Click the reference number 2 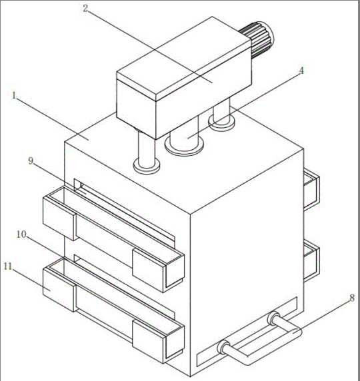[85, 9]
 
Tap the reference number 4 [301, 71]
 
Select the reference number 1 [14, 95]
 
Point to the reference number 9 [31, 161]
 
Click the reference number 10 [21, 234]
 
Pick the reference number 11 [8, 266]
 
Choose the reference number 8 [352, 298]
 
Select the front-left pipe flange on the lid [147, 167]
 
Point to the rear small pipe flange [221, 123]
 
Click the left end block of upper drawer [59, 218]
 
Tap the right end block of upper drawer [158, 270]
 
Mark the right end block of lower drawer [158, 342]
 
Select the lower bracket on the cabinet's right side [312, 260]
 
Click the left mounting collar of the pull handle [223, 347]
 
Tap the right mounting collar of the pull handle [274, 318]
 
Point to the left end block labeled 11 [59, 290]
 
